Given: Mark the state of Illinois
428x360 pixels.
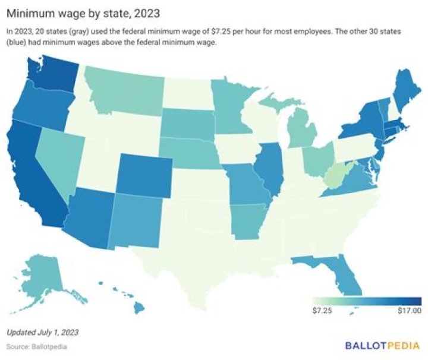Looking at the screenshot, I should pos(270,169).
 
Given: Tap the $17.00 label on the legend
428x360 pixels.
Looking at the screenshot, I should pos(409,310).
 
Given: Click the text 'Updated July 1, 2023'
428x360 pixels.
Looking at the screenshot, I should pos(42,331).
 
